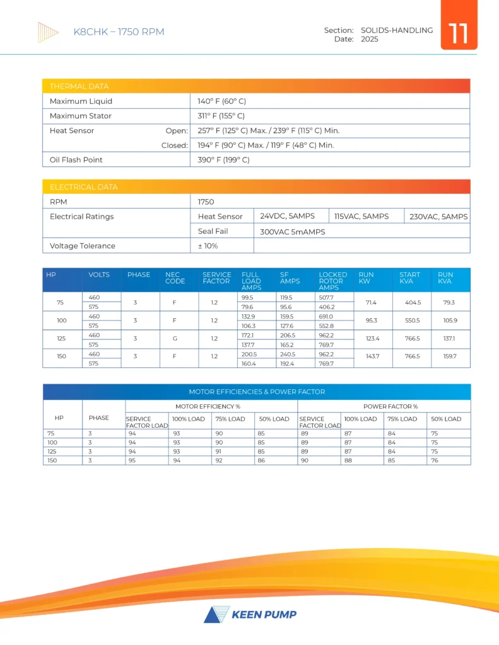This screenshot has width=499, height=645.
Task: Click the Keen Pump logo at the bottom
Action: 250,614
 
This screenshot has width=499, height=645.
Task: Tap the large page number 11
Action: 459,33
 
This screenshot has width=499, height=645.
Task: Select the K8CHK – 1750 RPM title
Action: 119,32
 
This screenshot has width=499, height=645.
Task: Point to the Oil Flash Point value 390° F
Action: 223,160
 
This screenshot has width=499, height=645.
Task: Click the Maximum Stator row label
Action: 80,116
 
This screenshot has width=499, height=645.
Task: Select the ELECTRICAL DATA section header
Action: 83,187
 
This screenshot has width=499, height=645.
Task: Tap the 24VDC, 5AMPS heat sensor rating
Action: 287,216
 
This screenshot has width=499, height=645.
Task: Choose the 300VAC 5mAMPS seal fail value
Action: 292,232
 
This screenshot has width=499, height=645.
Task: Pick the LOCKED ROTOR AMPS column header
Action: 332,281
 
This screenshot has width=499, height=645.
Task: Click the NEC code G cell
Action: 175,338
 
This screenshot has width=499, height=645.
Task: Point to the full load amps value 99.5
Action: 247,297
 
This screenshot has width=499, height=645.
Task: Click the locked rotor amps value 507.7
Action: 327,297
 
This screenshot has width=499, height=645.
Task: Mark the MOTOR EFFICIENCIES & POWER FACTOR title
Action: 257,392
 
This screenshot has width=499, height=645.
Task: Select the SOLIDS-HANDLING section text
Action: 397,30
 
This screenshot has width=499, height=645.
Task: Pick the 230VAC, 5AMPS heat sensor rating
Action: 437,216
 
